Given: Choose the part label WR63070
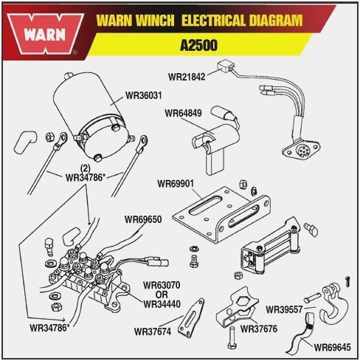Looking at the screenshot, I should (x=162, y=283).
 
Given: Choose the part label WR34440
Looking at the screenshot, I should (x=162, y=303).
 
